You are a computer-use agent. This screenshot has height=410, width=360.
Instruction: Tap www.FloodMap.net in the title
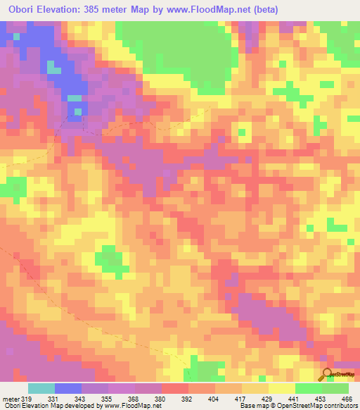coord(205,10)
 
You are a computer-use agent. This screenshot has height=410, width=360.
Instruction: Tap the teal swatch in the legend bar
coord(41,388)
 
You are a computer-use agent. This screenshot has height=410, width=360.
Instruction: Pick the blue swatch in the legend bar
coord(68,388)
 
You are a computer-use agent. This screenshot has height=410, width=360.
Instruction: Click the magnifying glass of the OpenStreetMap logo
coord(326,373)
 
